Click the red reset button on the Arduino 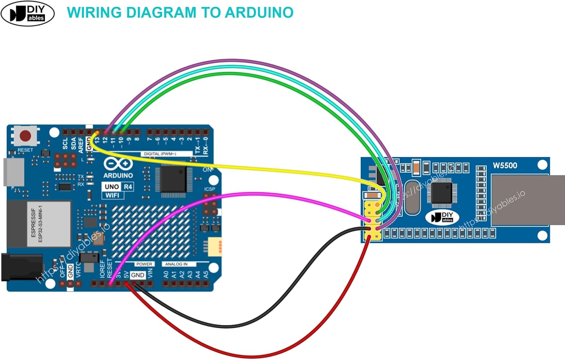25,136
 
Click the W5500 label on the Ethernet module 505,166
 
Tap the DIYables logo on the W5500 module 442,217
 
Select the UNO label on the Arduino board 112,187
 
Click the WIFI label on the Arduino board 112,195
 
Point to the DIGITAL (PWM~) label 160,154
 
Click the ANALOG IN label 176,264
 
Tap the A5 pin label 206,275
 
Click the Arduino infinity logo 118,164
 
